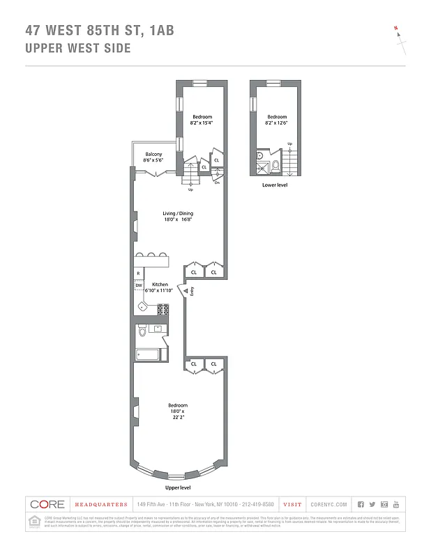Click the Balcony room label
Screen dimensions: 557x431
pyautogui.click(x=153, y=154)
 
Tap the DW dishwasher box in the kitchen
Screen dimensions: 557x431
pyautogui.click(x=139, y=285)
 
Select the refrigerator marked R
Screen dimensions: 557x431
pyautogui.click(x=139, y=274)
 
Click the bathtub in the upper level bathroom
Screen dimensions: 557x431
pyautogui.click(x=148, y=354)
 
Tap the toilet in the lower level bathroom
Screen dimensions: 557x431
pyautogui.click(x=275, y=166)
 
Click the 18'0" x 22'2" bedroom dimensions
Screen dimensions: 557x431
pyautogui.click(x=177, y=414)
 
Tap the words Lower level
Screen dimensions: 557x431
pyautogui.click(x=275, y=185)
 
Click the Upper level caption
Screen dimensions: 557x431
pyautogui.click(x=177, y=489)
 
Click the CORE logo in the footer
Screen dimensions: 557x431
pyautogui.click(x=47, y=504)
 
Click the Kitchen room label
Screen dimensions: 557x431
pyautogui.click(x=160, y=284)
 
